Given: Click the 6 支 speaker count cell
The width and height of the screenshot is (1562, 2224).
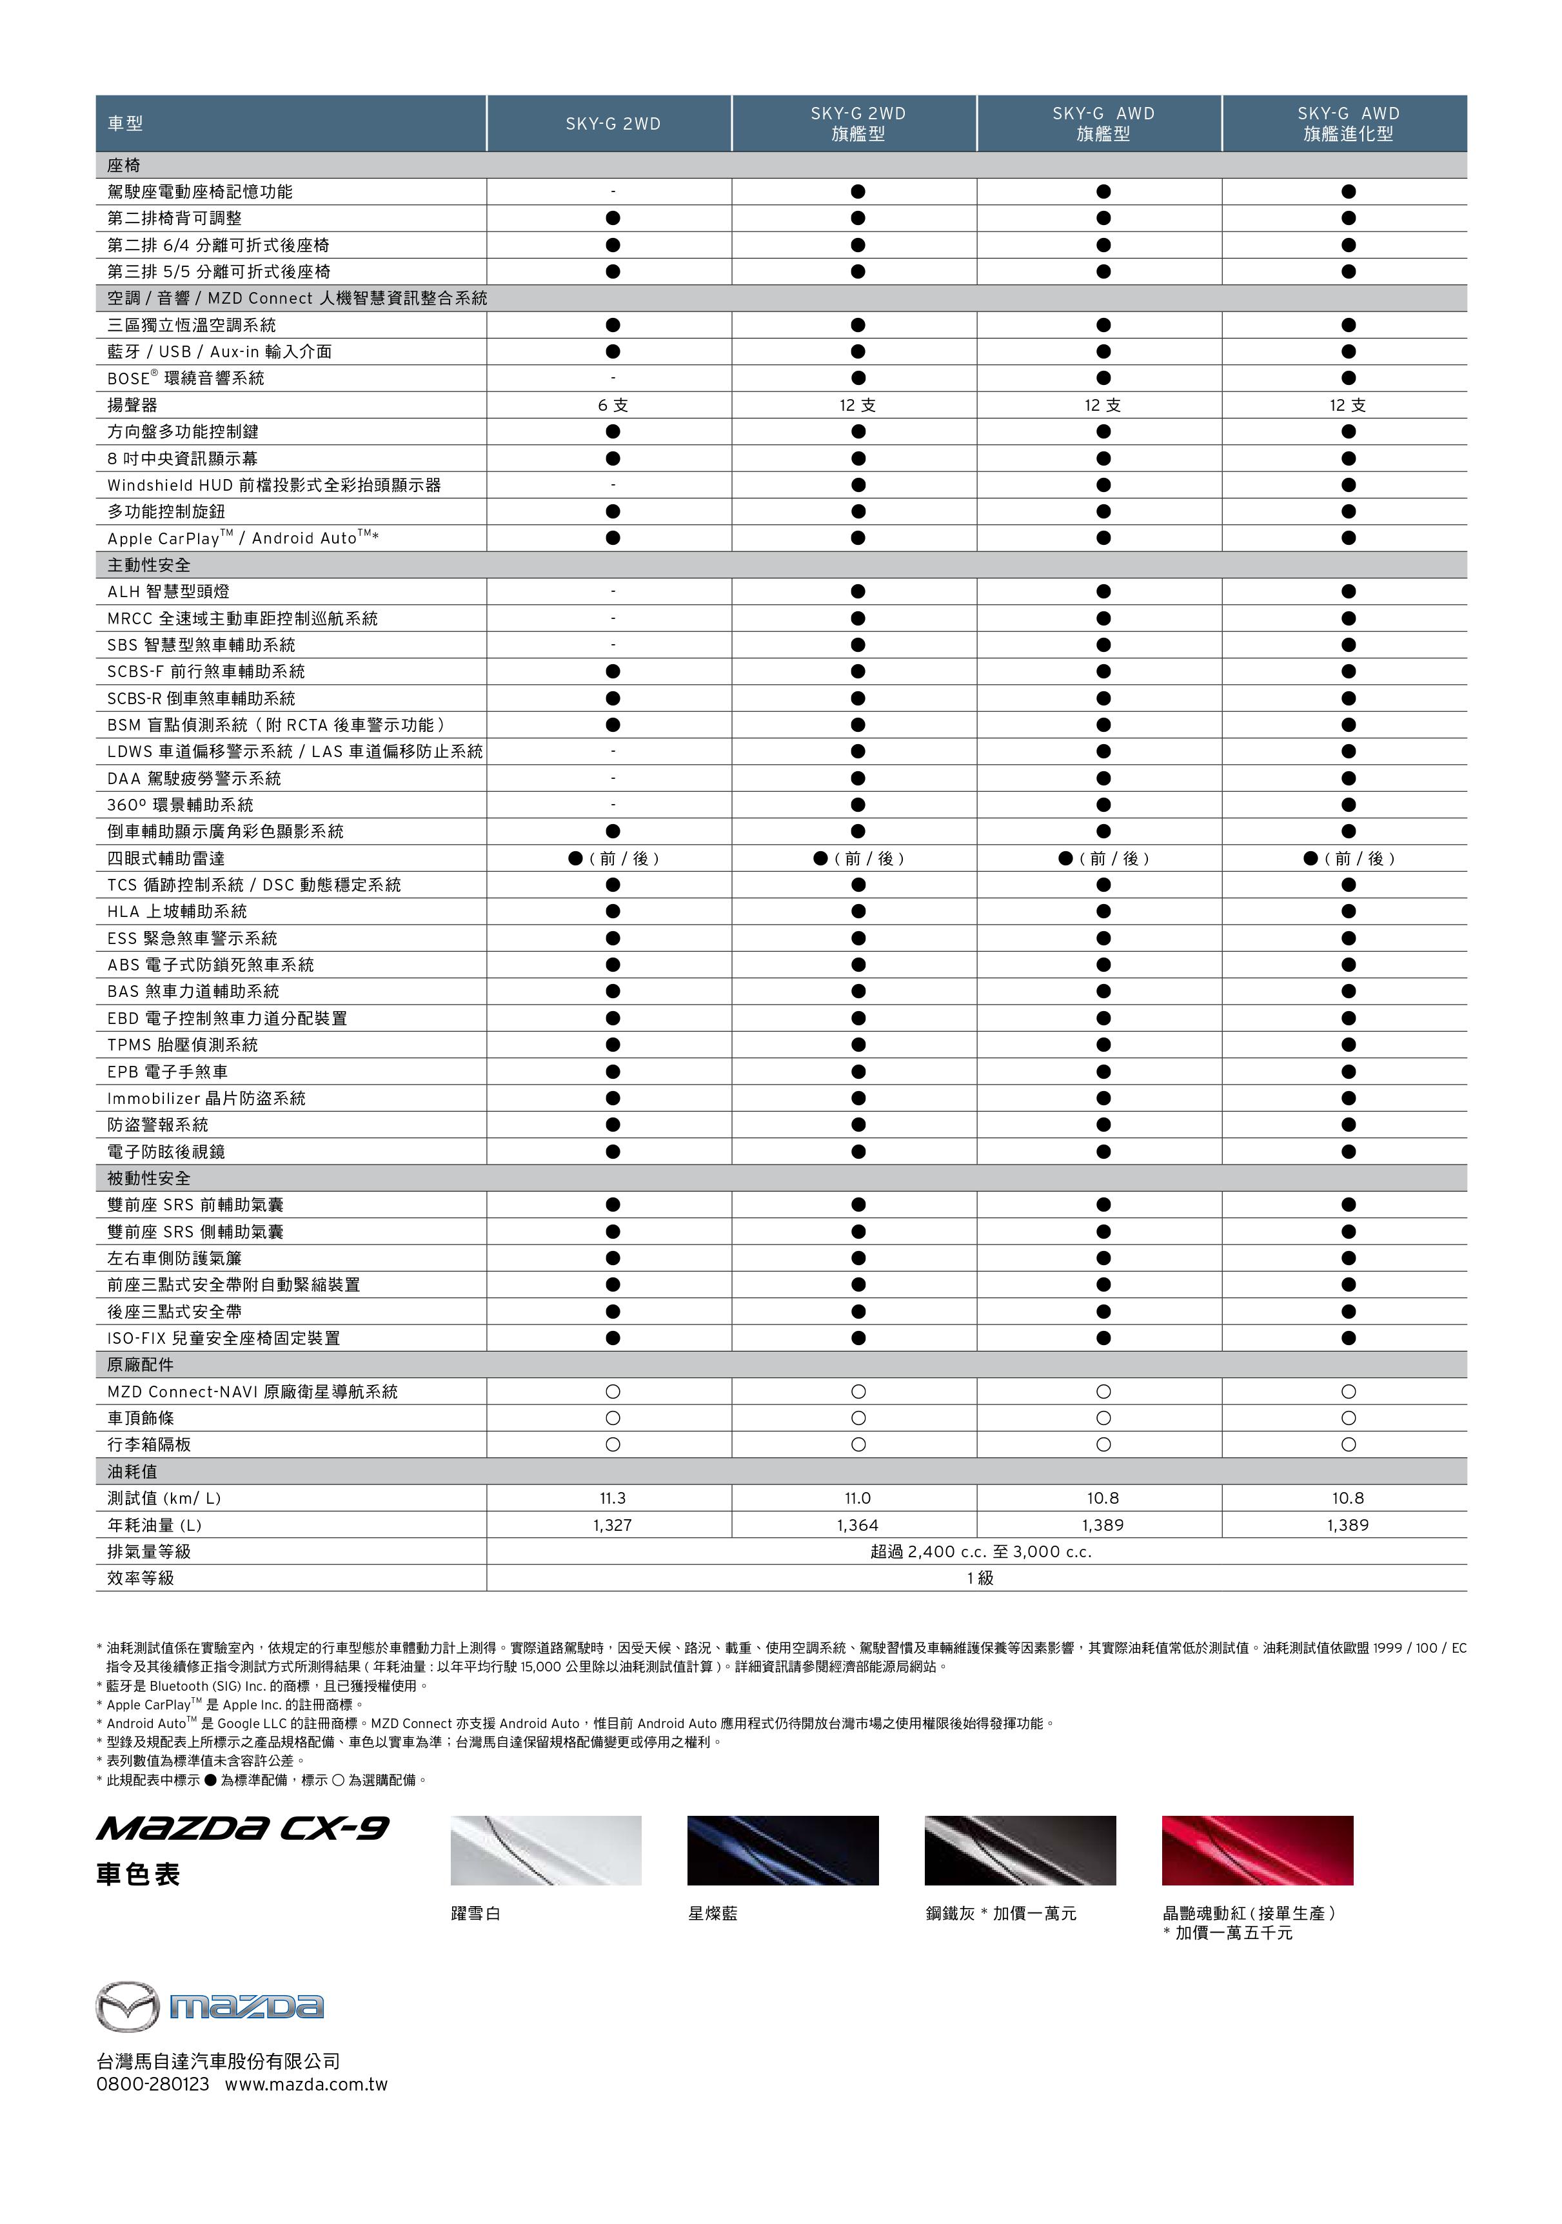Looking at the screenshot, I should pyautogui.click(x=613, y=405).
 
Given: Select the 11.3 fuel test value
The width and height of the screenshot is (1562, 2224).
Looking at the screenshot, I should pyautogui.click(x=613, y=1497).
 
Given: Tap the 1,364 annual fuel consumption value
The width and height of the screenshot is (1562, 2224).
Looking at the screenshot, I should pyautogui.click(x=858, y=1524).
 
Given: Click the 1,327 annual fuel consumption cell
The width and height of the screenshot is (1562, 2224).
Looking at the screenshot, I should pyautogui.click(x=613, y=1524).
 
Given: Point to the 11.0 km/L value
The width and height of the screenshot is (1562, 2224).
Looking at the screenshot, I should pyautogui.click(x=858, y=1497).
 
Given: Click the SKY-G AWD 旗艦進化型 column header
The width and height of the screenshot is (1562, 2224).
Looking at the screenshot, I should pyautogui.click(x=1348, y=124).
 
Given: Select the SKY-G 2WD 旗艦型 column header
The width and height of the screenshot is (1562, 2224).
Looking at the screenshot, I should pyautogui.click(x=858, y=124).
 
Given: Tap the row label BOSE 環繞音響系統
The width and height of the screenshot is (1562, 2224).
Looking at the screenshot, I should pyautogui.click(x=186, y=379).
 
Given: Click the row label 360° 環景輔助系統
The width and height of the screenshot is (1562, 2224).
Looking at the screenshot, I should pyautogui.click(x=180, y=805).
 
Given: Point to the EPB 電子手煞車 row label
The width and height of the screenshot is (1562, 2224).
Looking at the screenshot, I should pyautogui.click(x=168, y=1071).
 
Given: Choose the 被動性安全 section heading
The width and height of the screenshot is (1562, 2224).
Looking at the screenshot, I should pyautogui.click(x=149, y=1178).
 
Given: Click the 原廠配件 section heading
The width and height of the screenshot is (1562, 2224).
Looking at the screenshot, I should pyautogui.click(x=141, y=1365).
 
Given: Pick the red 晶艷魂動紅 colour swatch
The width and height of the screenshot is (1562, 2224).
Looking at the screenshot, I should pyautogui.click(x=1257, y=1850).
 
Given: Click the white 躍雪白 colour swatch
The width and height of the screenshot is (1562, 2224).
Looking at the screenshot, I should pyautogui.click(x=546, y=1850).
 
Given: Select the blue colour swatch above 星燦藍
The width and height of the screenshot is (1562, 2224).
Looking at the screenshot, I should pyautogui.click(x=783, y=1850).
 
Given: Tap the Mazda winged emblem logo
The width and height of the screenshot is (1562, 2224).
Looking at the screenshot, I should pyautogui.click(x=127, y=2006).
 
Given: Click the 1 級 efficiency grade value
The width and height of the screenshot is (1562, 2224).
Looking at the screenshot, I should pyautogui.click(x=980, y=1578).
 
